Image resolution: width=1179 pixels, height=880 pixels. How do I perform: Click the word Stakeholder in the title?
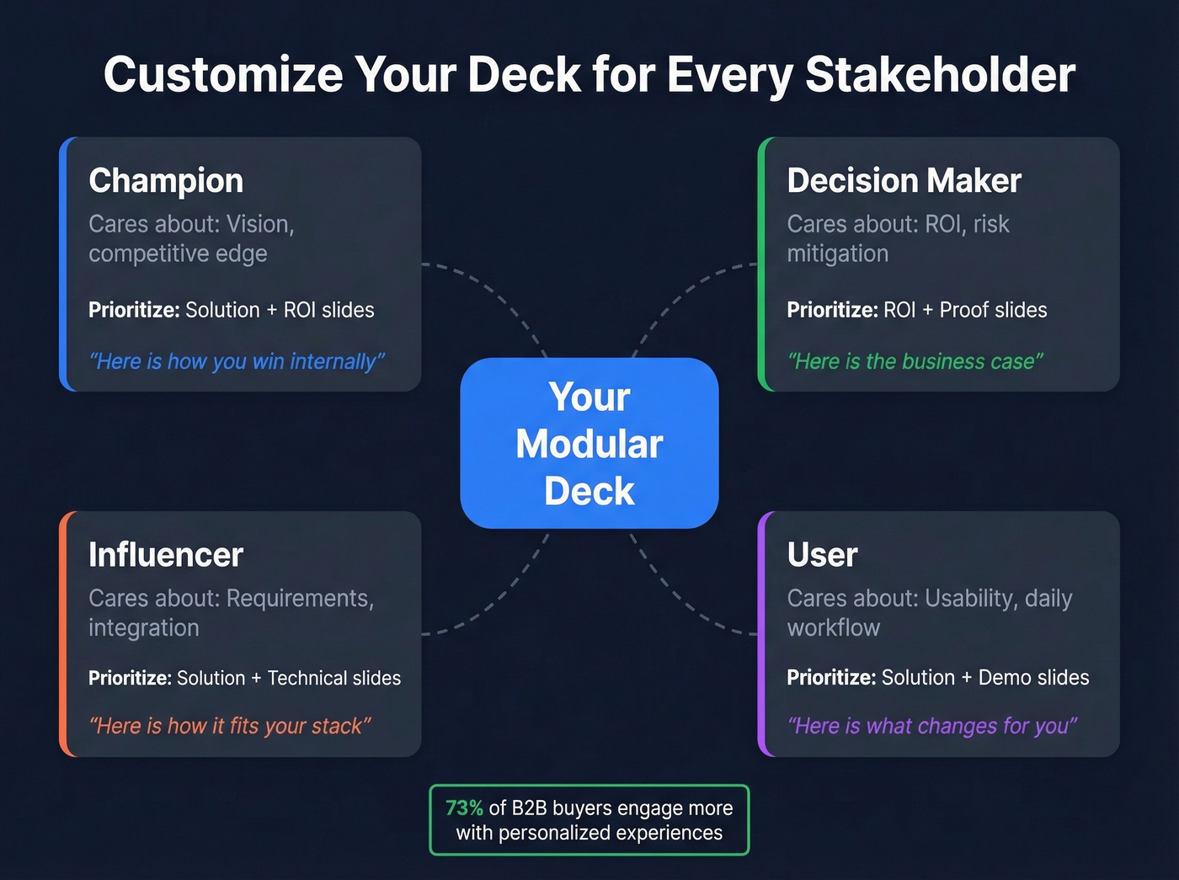click(940, 74)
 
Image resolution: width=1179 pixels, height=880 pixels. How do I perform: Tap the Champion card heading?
click(166, 180)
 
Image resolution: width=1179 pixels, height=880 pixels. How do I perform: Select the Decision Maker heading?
click(904, 180)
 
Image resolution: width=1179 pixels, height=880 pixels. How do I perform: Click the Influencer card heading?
click(166, 554)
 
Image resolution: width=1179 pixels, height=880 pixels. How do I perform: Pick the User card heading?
click(822, 554)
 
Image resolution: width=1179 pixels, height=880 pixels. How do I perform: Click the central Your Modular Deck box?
click(589, 443)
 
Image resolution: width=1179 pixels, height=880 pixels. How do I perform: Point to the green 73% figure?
click(464, 808)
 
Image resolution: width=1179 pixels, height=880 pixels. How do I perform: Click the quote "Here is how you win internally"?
click(237, 361)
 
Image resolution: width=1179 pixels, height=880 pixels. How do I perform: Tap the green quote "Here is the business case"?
click(915, 361)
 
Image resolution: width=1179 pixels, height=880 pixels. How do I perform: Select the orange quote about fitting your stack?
click(230, 726)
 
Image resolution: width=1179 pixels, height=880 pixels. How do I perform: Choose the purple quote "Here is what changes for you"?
click(932, 726)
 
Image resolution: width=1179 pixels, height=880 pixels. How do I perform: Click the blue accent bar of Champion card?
click(64, 264)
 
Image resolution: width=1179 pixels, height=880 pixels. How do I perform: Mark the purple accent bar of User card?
click(762, 633)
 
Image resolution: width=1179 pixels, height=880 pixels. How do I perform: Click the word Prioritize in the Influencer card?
click(129, 678)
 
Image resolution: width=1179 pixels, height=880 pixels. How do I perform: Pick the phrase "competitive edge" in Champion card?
click(178, 253)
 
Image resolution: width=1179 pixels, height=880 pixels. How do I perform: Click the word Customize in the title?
click(223, 74)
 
